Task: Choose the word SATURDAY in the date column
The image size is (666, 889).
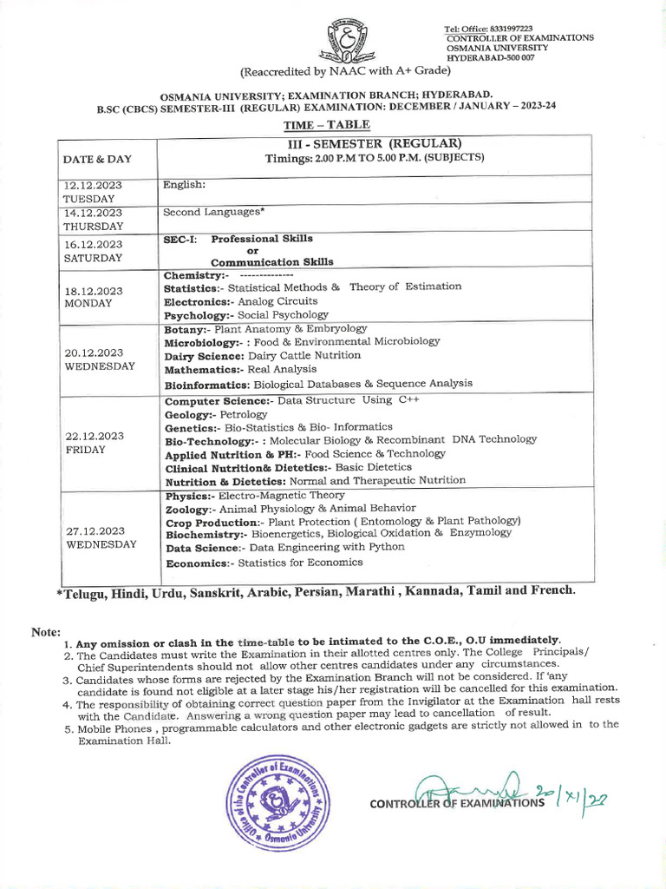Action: point(93,258)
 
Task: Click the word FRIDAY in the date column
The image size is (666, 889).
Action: point(85,450)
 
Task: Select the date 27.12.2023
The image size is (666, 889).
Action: point(95,531)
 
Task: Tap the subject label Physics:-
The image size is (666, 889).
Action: point(190,496)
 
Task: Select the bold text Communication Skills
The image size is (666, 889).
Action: point(271,262)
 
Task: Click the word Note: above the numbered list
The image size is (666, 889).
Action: point(46,632)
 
